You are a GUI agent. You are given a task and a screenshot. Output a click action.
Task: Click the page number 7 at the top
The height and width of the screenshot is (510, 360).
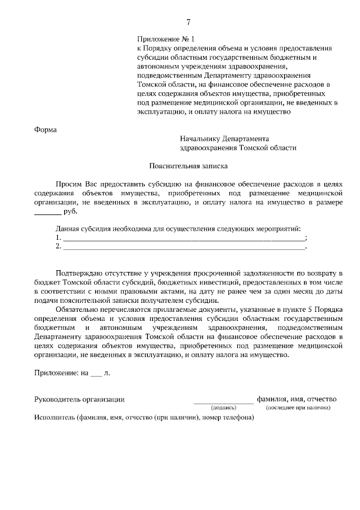(x=188, y=22)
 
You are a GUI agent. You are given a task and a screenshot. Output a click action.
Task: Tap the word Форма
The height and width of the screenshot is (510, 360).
(x=46, y=129)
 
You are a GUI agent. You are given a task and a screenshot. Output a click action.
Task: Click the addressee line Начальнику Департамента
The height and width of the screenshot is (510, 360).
(x=224, y=138)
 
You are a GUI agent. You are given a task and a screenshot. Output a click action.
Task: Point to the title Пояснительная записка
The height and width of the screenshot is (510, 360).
(x=189, y=166)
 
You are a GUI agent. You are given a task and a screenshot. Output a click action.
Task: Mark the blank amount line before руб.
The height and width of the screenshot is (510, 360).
(x=48, y=213)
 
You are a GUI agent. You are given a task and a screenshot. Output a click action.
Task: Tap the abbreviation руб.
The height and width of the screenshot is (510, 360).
(x=70, y=212)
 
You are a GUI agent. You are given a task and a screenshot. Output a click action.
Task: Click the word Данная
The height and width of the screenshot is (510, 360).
(x=68, y=229)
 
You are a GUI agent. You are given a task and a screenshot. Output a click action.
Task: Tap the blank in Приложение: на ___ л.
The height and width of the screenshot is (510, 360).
(x=96, y=373)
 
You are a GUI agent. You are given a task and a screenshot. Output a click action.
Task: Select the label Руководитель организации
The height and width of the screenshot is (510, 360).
(x=79, y=399)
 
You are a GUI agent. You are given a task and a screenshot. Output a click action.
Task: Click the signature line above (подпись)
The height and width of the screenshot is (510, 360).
(x=223, y=401)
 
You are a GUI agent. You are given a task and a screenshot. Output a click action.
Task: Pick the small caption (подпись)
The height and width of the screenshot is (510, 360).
(x=223, y=408)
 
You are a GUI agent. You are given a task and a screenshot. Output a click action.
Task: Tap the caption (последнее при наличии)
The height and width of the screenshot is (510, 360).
(x=298, y=408)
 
